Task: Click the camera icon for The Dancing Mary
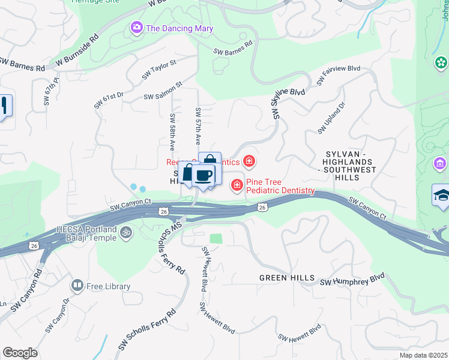coord(137,28)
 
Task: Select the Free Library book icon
coord(77,286)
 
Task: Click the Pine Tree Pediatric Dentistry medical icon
coord(237,185)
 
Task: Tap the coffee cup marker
coord(203,175)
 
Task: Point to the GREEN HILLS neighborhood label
coord(287,278)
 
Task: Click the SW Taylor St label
coord(159,70)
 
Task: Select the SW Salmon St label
coord(163,92)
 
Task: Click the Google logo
coord(20,353)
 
